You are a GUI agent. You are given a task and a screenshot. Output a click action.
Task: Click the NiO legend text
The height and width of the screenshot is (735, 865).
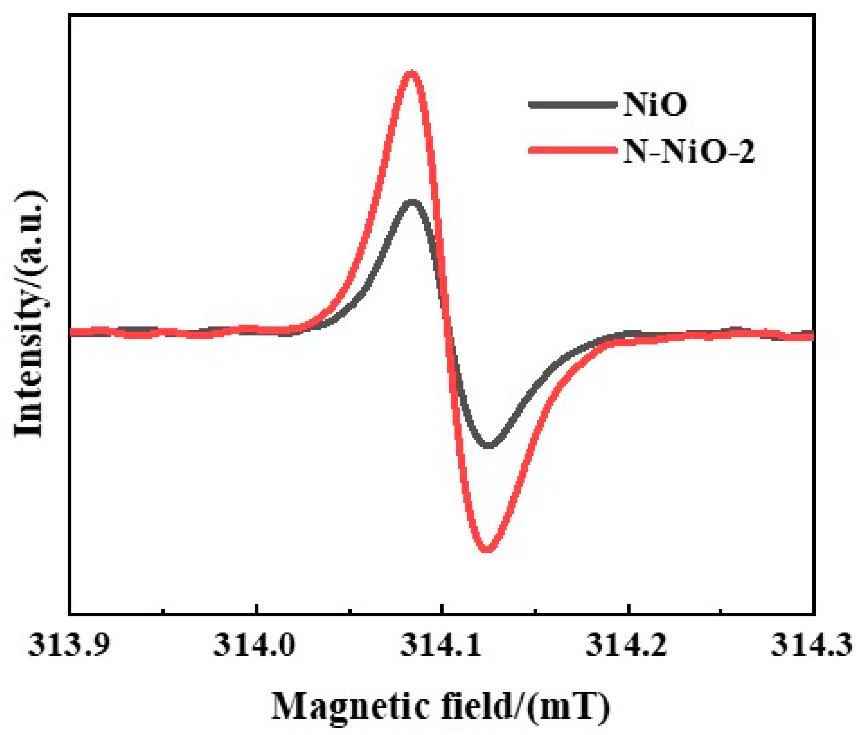(654, 105)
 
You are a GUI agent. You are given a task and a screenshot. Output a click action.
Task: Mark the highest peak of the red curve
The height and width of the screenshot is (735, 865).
(411, 73)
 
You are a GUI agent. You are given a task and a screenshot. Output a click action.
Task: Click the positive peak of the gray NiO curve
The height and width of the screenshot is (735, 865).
(412, 202)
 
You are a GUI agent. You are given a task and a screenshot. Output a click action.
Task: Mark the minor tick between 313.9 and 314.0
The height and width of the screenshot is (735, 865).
(164, 611)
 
